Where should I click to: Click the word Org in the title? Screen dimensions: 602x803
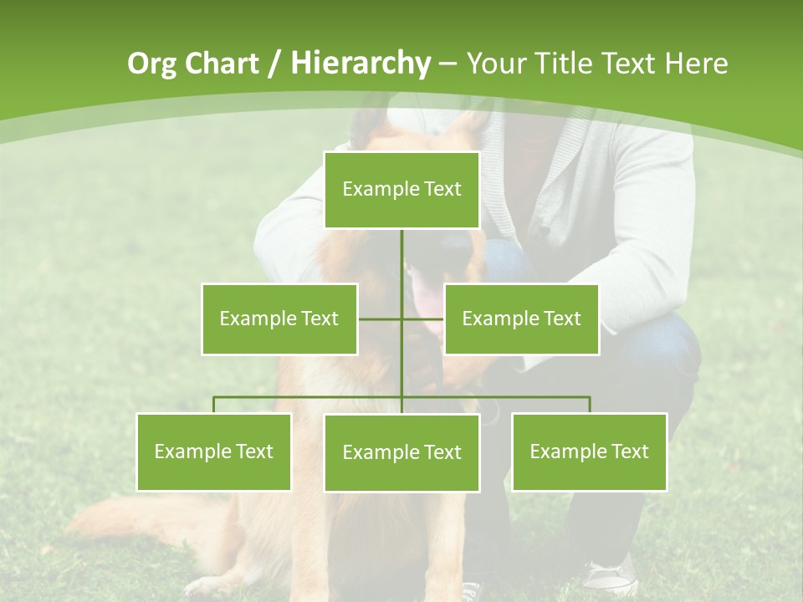tap(152, 64)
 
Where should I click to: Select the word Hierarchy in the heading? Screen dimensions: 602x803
tap(361, 64)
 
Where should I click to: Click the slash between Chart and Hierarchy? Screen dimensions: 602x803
tap(275, 64)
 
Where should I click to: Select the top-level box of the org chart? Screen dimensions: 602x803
tap(401, 190)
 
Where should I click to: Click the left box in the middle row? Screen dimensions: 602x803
tap(279, 319)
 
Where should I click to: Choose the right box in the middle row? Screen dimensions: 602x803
tap(522, 319)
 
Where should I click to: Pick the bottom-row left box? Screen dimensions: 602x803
tap(214, 451)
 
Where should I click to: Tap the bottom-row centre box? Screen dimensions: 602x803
tap(401, 452)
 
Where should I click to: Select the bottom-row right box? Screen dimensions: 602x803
tap(590, 451)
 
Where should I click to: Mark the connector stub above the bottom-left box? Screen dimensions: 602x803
tap(214, 405)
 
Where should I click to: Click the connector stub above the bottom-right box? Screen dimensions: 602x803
tap(590, 405)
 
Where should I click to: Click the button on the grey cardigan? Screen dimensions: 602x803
tap(545, 231)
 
